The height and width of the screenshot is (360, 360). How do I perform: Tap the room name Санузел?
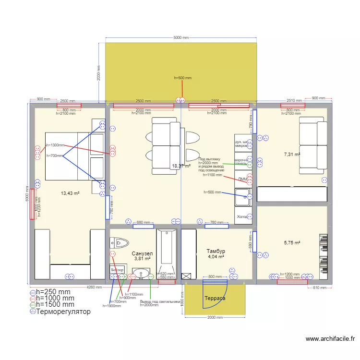tap(142, 253)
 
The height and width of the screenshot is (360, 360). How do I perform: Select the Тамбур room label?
tap(216, 251)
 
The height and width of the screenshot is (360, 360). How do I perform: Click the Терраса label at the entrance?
tap(215, 298)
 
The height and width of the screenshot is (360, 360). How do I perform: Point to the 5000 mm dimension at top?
tap(181, 37)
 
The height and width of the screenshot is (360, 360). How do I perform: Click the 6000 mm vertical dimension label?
tap(27, 194)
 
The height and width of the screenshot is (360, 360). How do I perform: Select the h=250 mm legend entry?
tap(53, 291)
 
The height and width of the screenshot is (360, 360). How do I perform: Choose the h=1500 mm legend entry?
tap(55, 304)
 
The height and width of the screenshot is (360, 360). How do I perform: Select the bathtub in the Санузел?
tap(166, 253)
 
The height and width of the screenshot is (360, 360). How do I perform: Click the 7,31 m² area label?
tap(292, 155)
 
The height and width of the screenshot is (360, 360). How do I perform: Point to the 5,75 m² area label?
tap(292, 243)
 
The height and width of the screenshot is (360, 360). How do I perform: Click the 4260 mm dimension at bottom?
tap(94, 288)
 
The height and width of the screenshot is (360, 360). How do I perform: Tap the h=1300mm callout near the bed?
tap(55, 145)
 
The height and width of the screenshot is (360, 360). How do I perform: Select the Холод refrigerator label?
tap(242, 216)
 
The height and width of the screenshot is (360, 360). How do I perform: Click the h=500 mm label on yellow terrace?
tap(182, 78)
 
